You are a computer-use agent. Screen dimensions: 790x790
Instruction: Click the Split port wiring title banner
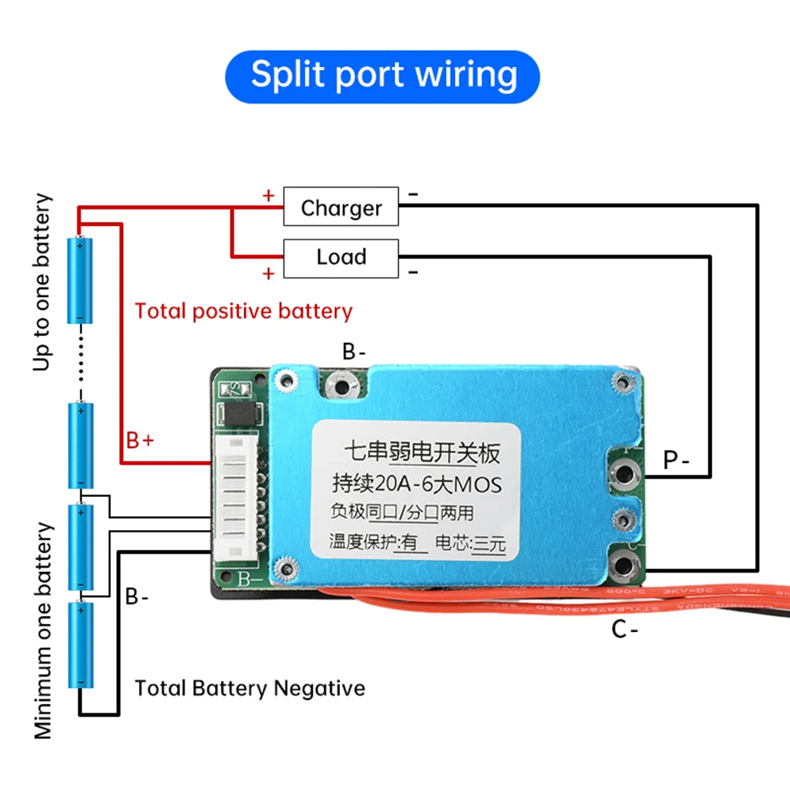click(x=383, y=75)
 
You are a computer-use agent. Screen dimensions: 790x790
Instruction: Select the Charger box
click(x=341, y=208)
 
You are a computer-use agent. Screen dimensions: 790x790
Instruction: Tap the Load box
click(x=341, y=257)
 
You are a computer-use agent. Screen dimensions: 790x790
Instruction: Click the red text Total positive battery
click(x=243, y=310)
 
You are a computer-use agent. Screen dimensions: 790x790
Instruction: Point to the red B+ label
click(x=140, y=440)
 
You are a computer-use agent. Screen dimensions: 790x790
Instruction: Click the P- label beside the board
click(x=676, y=460)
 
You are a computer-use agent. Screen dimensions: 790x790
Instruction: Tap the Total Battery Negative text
click(x=250, y=688)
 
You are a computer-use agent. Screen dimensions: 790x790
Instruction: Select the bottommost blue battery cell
click(x=81, y=644)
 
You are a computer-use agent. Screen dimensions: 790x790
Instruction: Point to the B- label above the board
click(x=353, y=352)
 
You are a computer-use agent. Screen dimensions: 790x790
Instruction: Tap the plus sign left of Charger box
click(x=269, y=195)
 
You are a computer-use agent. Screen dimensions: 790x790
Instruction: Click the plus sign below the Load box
click(x=269, y=273)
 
